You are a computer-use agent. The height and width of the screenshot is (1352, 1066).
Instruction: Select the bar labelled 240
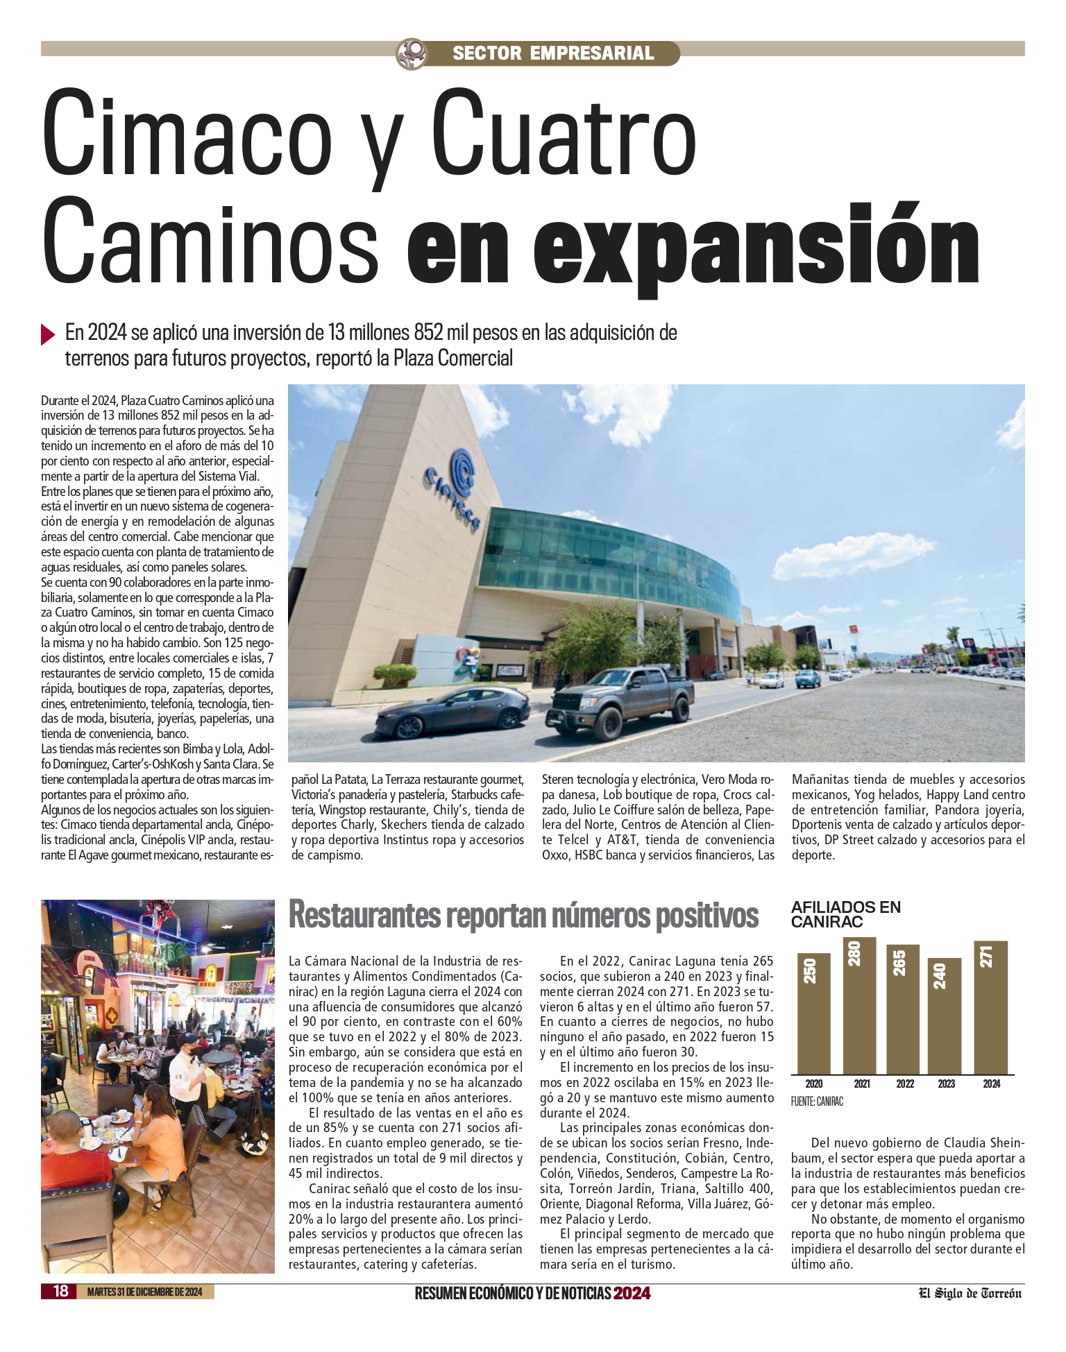(945, 1016)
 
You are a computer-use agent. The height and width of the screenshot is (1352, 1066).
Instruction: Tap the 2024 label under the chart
(991, 1084)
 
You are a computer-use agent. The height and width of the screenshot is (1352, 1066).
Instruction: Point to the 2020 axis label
(813, 1084)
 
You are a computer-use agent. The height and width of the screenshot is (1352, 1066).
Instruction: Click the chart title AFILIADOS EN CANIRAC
(845, 914)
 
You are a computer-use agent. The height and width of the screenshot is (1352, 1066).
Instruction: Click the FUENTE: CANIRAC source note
(816, 1102)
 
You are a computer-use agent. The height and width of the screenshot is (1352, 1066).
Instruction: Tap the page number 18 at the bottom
(61, 1291)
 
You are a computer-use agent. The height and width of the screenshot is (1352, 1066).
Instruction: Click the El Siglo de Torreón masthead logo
(970, 1292)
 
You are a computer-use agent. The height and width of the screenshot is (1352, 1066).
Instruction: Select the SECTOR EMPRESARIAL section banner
(553, 53)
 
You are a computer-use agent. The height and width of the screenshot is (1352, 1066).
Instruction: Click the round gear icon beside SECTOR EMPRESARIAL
(410, 53)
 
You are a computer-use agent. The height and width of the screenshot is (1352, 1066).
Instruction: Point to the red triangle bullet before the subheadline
(48, 334)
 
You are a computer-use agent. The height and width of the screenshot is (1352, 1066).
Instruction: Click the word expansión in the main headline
(693, 243)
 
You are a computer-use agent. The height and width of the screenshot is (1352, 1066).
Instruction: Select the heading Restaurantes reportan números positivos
(523, 915)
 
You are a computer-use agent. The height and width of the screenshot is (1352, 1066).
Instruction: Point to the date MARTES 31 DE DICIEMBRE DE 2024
(144, 1292)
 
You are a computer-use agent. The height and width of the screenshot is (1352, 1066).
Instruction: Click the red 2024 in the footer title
(632, 1292)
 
